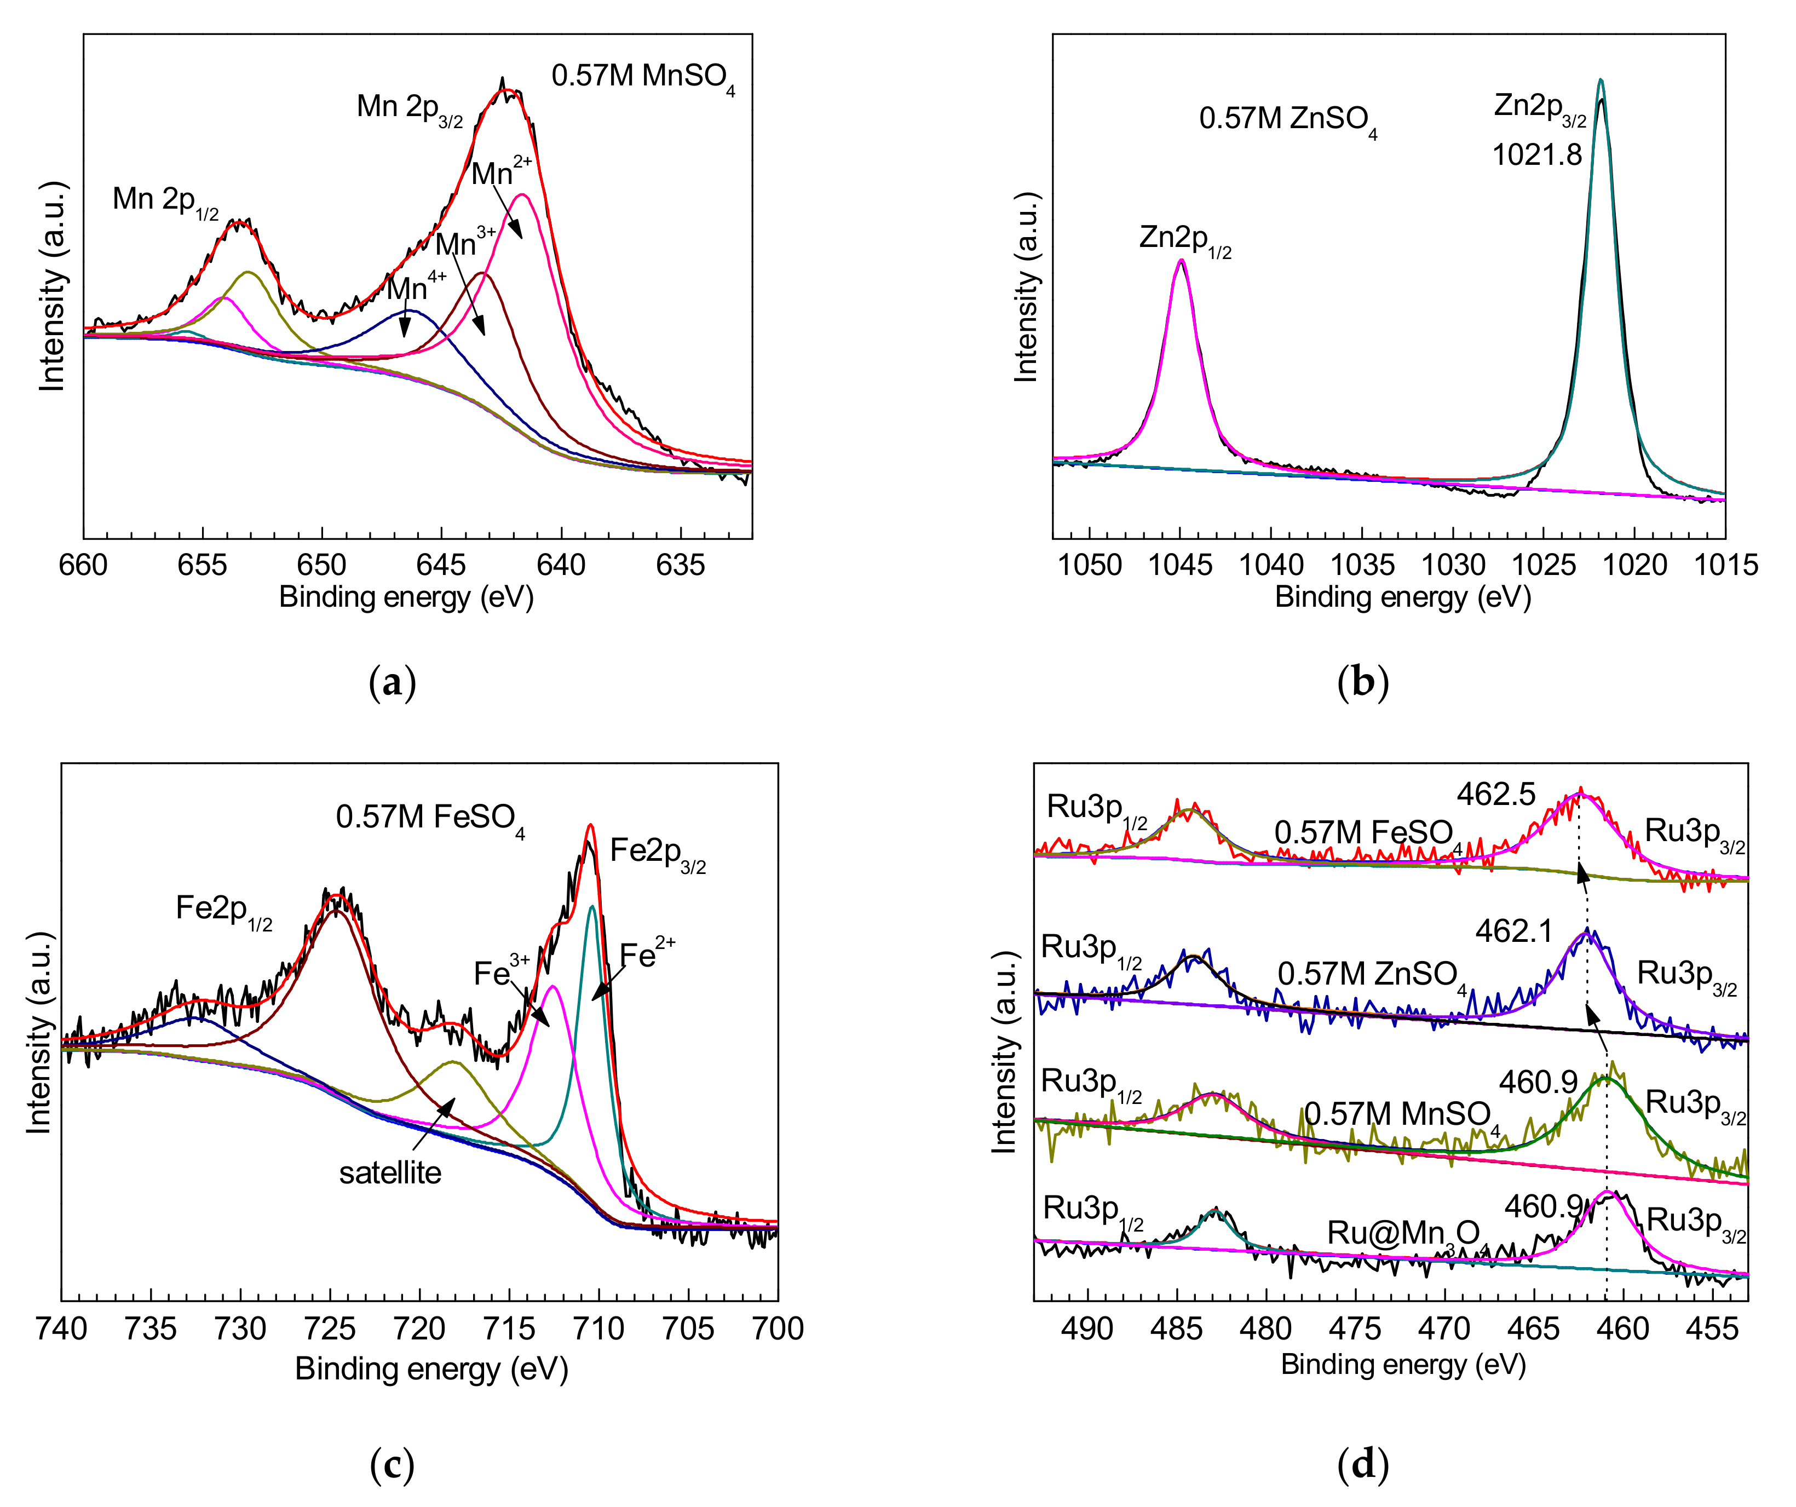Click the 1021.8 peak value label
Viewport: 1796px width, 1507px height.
point(1537,155)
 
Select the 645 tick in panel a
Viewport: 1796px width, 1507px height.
point(441,565)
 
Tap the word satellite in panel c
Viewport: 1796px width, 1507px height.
point(390,1172)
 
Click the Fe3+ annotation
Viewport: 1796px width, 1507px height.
point(501,971)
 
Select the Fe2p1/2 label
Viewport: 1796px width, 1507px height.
point(224,909)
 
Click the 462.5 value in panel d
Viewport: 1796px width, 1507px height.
point(1496,795)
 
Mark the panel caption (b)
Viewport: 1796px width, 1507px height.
point(1362,682)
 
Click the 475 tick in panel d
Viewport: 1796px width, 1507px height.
point(1355,1329)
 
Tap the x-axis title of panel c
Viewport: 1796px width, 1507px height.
point(432,1368)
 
